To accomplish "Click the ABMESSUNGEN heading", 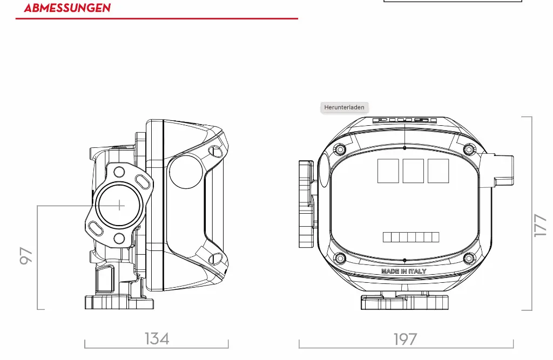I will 67,8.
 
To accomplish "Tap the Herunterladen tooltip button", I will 344,107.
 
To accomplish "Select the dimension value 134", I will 157,338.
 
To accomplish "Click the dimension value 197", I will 405,339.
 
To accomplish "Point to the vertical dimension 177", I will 539,225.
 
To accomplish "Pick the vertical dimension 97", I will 26,256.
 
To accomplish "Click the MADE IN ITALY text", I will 403,271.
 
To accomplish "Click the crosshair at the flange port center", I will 119,205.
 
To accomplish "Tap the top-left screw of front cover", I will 340,149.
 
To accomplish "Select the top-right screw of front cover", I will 468,149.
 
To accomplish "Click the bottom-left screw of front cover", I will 340,258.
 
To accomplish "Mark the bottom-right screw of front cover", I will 468,258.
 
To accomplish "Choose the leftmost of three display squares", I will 388,171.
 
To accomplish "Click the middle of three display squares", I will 413,171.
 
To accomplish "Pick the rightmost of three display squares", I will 438,171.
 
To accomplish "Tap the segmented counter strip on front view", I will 411,237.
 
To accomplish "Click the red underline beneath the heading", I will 157,19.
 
